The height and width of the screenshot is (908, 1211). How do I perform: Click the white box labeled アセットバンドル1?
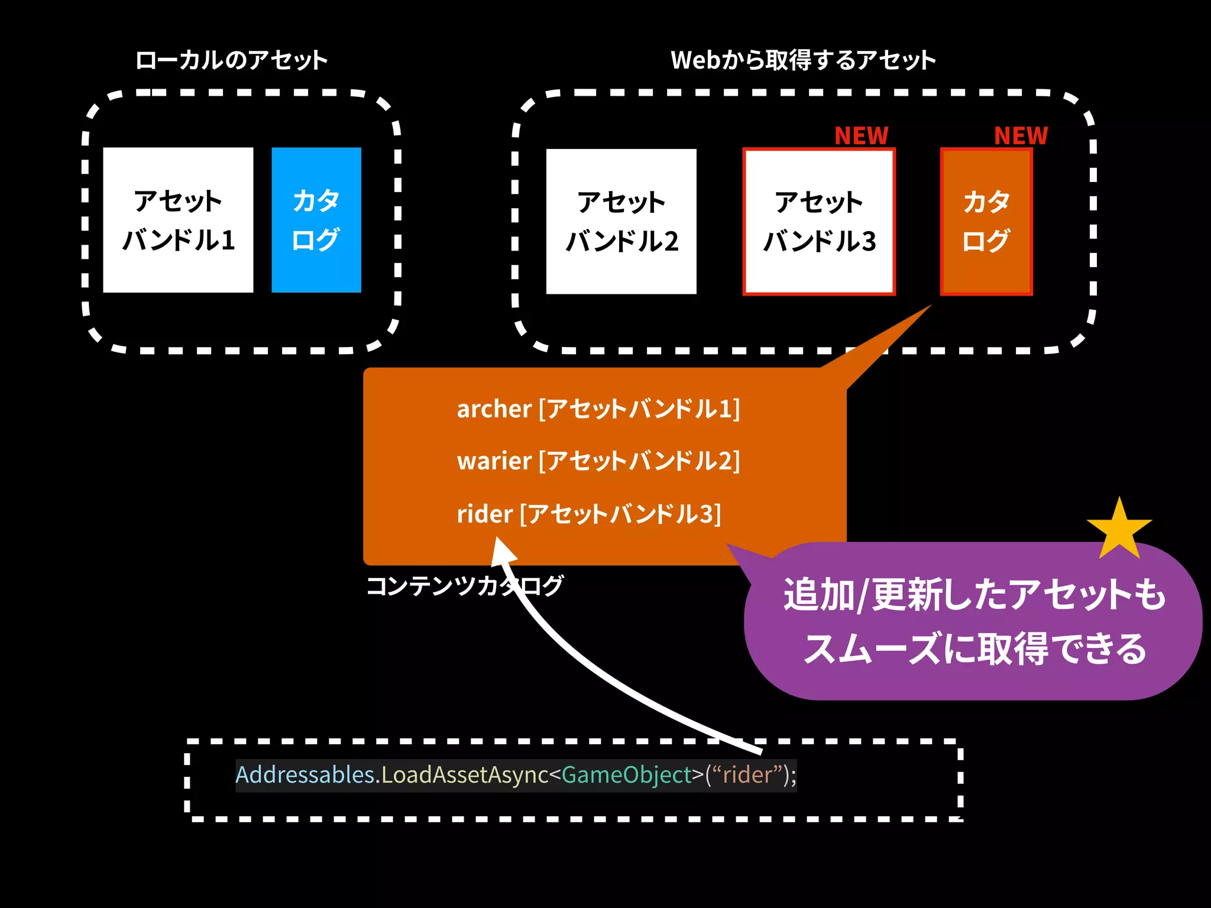pyautogui.click(x=178, y=220)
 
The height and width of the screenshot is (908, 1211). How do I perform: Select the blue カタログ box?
pyautogui.click(x=316, y=220)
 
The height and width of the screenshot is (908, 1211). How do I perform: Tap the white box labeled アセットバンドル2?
pyautogui.click(x=621, y=222)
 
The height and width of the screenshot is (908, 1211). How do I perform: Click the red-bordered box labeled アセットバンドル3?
pyautogui.click(x=819, y=222)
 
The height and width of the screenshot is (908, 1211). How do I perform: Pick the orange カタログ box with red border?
pyautogui.click(x=986, y=222)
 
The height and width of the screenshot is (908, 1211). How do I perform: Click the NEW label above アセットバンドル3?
pyautogui.click(x=861, y=136)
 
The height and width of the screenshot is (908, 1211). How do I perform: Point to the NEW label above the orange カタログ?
pyautogui.click(x=1021, y=136)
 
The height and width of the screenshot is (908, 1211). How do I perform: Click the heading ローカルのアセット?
pyautogui.click(x=231, y=60)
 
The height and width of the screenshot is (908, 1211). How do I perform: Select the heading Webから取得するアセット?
pyautogui.click(x=803, y=60)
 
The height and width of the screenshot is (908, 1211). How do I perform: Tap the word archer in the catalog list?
pyautogui.click(x=494, y=409)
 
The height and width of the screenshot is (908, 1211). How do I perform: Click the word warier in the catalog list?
pyautogui.click(x=494, y=461)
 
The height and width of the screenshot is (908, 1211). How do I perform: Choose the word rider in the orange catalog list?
pyautogui.click(x=484, y=514)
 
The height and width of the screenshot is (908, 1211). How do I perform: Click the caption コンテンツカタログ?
pyautogui.click(x=464, y=586)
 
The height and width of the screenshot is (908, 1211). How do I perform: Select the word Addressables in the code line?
pyautogui.click(x=306, y=775)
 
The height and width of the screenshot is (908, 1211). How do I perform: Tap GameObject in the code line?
pyautogui.click(x=626, y=775)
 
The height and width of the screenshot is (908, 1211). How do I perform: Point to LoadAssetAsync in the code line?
pyautogui.click(x=465, y=775)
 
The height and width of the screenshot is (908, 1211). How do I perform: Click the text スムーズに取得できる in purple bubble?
pyautogui.click(x=974, y=648)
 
